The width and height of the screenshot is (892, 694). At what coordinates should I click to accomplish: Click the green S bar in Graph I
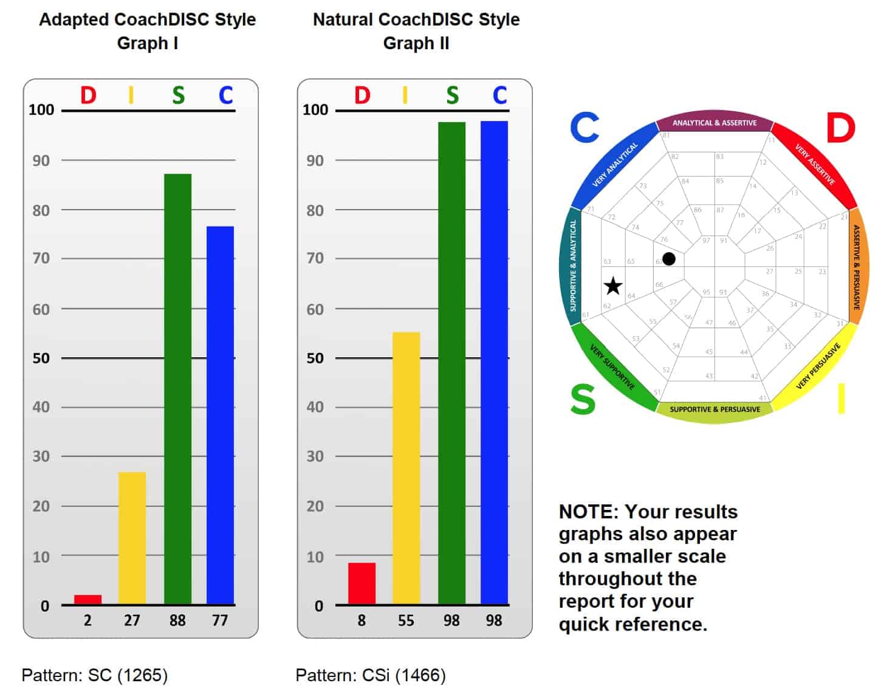(x=177, y=389)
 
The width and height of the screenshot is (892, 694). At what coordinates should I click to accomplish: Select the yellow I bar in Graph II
(x=406, y=468)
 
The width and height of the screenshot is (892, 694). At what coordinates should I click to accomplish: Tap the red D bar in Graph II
(x=362, y=583)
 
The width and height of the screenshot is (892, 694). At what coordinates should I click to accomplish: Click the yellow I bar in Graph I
(x=132, y=538)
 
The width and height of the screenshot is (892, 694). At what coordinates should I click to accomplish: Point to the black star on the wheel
(x=613, y=286)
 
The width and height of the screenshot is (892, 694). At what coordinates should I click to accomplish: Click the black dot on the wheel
(x=668, y=259)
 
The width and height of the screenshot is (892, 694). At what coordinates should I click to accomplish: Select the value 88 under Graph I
(x=177, y=620)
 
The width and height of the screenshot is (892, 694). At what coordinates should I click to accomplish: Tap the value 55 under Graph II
(x=406, y=620)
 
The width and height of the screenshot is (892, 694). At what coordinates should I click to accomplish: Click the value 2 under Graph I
(x=87, y=620)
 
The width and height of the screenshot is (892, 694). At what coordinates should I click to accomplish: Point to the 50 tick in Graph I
(x=41, y=358)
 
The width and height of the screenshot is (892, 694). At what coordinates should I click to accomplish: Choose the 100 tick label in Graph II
(x=315, y=110)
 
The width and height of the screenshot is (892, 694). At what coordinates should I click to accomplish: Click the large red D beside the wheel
(x=840, y=128)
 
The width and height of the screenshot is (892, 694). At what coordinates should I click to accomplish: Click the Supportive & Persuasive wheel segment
(x=715, y=410)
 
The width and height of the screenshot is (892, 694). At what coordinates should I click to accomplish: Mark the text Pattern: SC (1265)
(x=95, y=675)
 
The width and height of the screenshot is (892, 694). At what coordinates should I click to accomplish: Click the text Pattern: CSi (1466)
(x=371, y=675)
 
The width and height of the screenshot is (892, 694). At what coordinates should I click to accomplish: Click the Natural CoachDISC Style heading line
(x=416, y=19)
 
